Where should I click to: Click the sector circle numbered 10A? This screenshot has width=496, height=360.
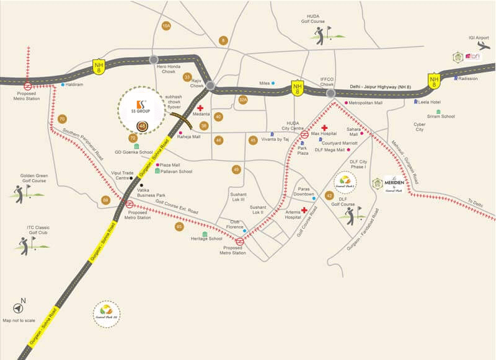(166, 26)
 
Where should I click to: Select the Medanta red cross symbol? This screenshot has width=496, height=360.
(200, 108)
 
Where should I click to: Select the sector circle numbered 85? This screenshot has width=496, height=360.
(179, 227)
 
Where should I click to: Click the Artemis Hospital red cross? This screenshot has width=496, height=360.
(304, 210)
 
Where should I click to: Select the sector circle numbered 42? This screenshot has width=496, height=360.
(329, 196)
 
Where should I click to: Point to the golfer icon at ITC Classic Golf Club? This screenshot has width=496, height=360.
(25, 246)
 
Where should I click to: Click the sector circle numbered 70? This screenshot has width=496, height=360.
(61, 119)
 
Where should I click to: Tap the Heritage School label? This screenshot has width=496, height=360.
(206, 239)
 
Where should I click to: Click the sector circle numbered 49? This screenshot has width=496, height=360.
(236, 169)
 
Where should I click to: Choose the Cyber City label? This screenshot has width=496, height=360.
(419, 127)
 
